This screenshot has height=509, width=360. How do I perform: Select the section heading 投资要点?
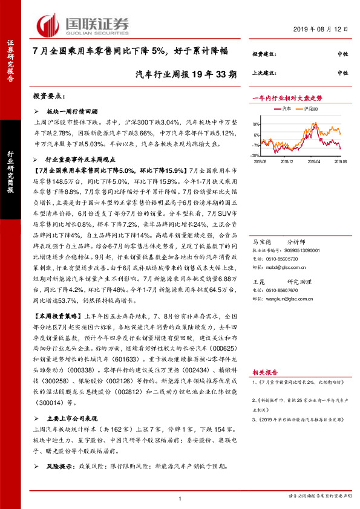(48, 96)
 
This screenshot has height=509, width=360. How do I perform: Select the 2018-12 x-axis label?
(286, 161)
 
